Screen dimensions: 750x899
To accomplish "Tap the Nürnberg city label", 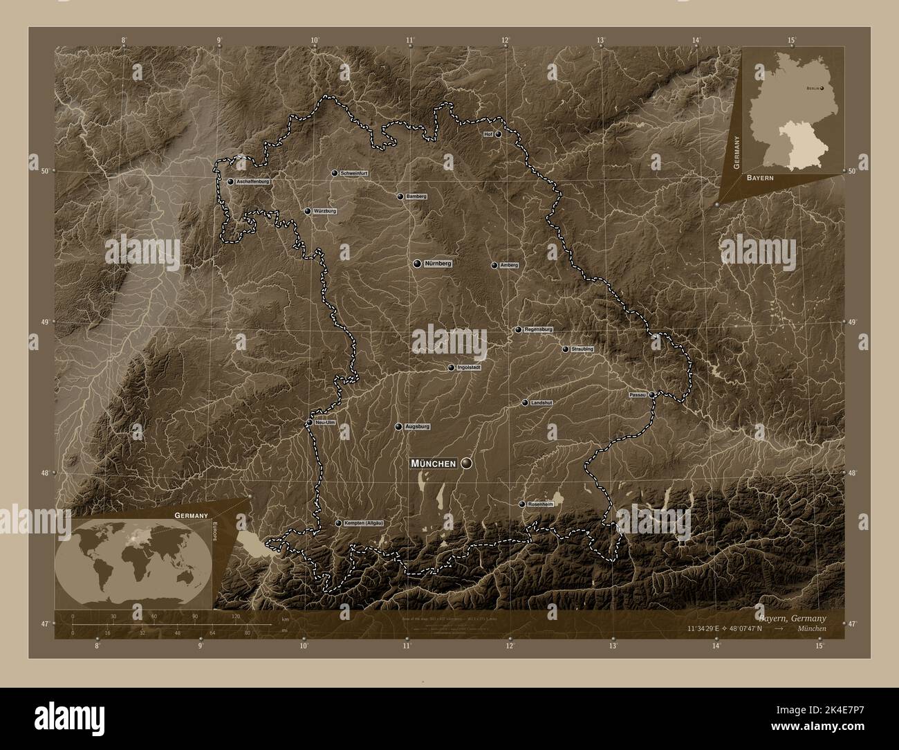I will coord(438,264).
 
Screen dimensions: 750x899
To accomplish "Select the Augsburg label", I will coord(417,427).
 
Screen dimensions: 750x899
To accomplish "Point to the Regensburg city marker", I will coord(518,330).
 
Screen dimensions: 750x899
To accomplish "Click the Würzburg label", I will coord(324,211).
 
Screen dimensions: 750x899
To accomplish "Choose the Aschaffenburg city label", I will coord(252,181).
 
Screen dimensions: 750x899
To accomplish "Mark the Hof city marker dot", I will coord(498,134).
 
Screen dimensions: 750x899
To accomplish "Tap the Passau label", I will coord(638,394).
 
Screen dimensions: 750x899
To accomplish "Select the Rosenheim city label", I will coord(541,504).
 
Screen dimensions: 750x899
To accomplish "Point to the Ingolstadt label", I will coord(469,367).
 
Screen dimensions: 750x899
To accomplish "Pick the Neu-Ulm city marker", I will coord(309,422).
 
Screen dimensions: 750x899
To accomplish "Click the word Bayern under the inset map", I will coord(759,178).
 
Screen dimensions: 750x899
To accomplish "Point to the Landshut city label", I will coord(541,403).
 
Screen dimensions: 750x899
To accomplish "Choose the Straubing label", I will coord(582,349).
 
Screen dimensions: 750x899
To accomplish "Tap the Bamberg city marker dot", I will coord(400,196).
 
